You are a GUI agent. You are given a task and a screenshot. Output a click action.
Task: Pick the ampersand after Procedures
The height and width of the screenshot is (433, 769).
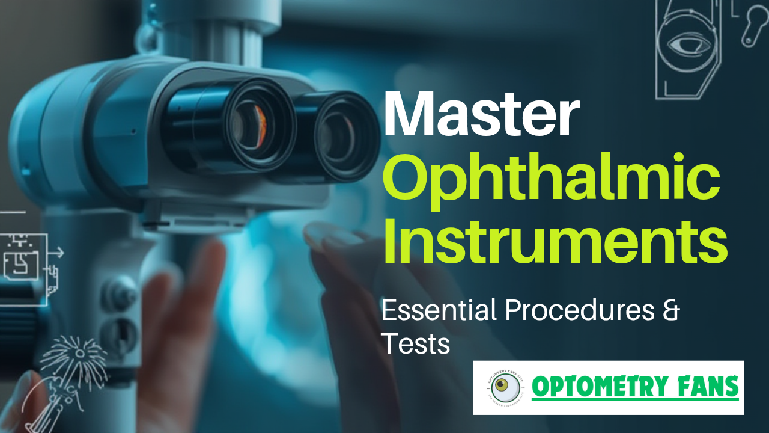670,311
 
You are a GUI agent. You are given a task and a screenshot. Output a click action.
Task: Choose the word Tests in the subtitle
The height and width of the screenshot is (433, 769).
416,344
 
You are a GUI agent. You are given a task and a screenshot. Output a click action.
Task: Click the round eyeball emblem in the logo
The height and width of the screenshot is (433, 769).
505,388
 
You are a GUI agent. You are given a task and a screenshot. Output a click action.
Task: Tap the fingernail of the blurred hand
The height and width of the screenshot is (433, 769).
327,235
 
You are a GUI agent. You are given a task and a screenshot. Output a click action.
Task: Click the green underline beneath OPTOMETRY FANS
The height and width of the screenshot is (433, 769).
634,398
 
